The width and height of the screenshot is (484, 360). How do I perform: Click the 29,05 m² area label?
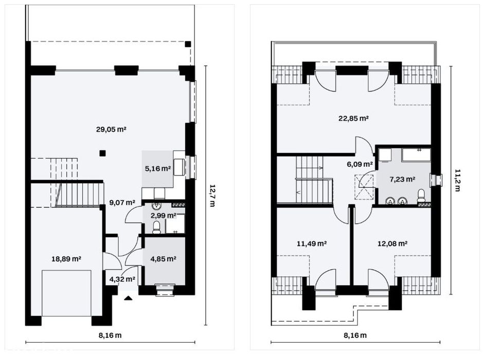tap(111, 130)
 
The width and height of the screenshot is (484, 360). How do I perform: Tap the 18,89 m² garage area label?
tap(66, 259)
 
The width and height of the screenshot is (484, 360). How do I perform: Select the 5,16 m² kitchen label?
tap(158, 169)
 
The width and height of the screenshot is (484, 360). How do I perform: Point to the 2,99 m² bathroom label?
tap(163, 215)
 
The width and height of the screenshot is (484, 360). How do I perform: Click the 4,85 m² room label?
tap(163, 259)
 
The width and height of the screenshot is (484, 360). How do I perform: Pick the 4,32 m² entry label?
tap(122, 279)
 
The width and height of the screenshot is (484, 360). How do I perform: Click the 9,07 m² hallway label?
tap(122, 203)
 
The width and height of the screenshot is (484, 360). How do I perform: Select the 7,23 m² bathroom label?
tap(402, 179)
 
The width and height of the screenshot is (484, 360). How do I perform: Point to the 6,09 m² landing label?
tap(360, 164)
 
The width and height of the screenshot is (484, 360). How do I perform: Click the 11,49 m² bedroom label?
tap(312, 244)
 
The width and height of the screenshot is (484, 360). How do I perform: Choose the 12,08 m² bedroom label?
tap(392, 244)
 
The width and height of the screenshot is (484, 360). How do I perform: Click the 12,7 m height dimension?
tap(212, 195)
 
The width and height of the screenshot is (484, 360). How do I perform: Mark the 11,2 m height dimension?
tap(457, 180)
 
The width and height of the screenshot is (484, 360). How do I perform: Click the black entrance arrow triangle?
tap(128, 298)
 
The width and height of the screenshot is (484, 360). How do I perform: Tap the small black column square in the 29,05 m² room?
tap(103, 152)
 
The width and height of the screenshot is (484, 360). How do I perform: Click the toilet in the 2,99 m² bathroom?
tap(156, 228)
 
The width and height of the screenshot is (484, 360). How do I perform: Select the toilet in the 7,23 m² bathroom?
tap(421, 196)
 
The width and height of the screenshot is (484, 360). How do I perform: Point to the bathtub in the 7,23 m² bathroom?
tap(417, 154)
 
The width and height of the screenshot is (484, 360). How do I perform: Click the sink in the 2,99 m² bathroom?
tap(157, 205)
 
